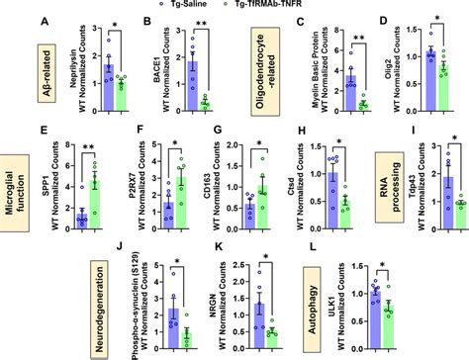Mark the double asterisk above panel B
point(203,21)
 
